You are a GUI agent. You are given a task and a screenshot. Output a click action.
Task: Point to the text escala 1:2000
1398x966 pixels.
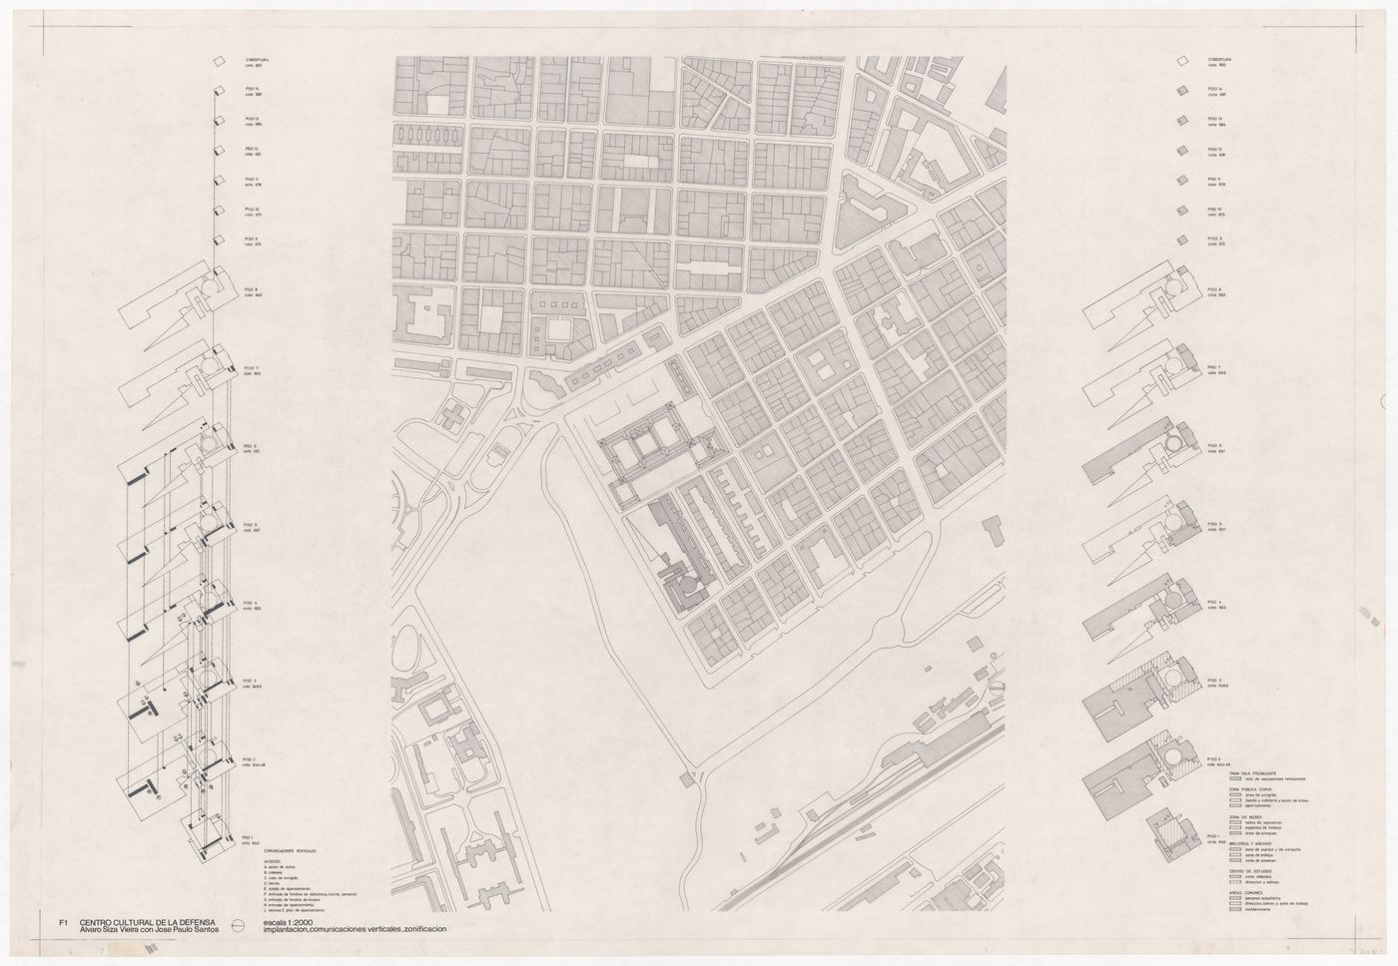(289, 923)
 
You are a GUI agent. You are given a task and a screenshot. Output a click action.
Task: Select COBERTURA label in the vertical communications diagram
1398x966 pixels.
(258, 60)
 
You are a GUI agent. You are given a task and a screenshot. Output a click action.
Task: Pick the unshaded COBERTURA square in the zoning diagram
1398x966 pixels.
(1180, 61)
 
